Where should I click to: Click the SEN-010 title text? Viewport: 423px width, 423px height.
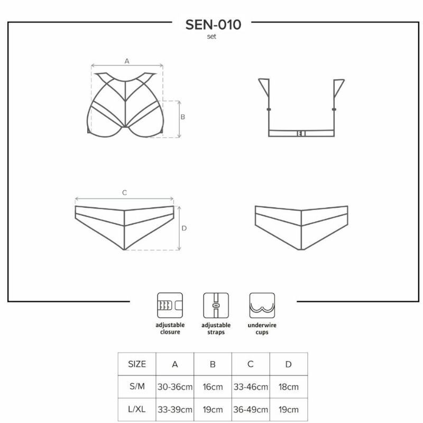click(213, 24)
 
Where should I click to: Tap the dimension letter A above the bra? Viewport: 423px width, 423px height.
click(127, 61)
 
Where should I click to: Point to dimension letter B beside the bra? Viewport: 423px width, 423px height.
click(182, 117)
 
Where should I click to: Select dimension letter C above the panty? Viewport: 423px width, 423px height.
click(125, 193)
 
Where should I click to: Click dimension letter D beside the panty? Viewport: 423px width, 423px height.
click(184, 228)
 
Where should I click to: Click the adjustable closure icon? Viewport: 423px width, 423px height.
click(170, 305)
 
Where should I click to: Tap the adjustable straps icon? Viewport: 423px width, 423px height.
click(216, 305)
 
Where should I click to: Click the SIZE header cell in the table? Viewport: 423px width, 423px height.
click(137, 364)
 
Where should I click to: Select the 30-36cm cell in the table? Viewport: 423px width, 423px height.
click(175, 387)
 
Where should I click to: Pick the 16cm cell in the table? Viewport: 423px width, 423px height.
click(213, 387)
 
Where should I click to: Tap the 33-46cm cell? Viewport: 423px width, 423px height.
click(251, 387)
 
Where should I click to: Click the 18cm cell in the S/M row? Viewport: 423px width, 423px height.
click(288, 387)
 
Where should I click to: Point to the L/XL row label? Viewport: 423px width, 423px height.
click(137, 410)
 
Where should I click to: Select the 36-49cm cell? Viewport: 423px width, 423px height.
click(251, 410)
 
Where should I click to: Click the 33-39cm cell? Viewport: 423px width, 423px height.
click(175, 410)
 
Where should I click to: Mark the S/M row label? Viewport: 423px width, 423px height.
click(137, 387)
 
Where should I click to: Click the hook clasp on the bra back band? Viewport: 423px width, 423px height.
click(301, 133)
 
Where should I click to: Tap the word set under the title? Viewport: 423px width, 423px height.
click(212, 36)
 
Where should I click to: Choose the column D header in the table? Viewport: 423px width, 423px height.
click(288, 364)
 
